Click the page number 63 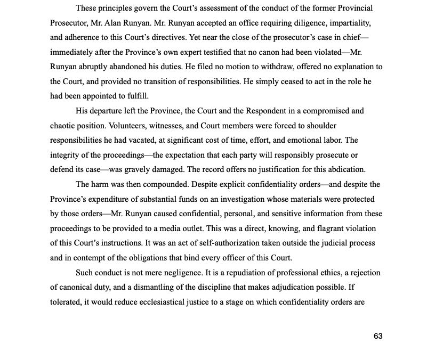[378, 336]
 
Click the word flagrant [329, 228]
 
